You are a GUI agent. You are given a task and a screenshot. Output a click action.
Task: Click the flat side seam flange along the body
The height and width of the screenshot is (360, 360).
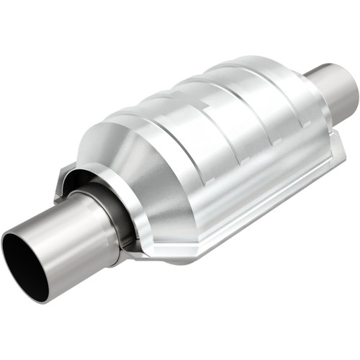point(238,209)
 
